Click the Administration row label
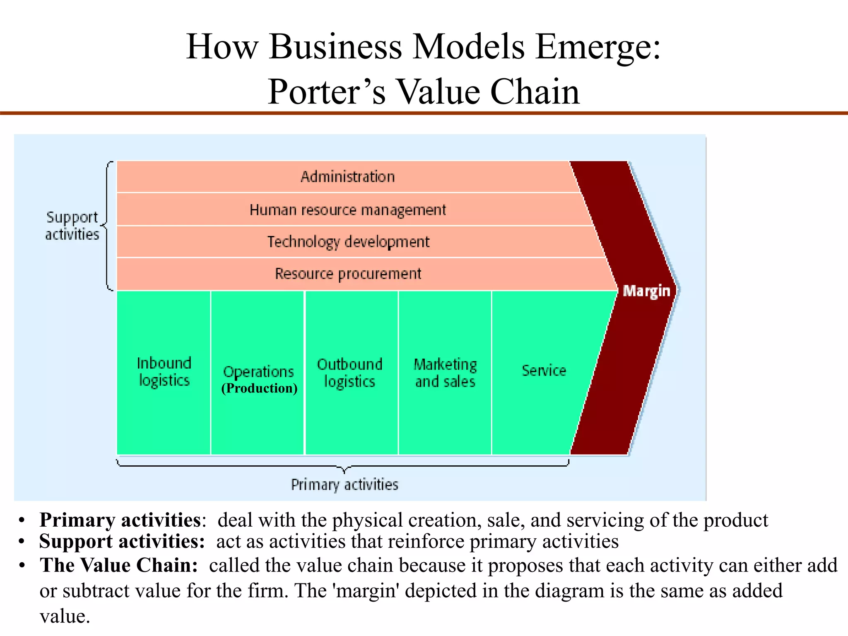(x=348, y=177)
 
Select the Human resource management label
(x=348, y=210)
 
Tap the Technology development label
(x=348, y=242)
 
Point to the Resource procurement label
(x=348, y=274)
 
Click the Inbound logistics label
(x=164, y=372)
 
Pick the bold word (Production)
(x=259, y=388)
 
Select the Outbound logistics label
(x=350, y=373)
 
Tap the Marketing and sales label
(x=445, y=373)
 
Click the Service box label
(x=544, y=370)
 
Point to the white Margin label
(x=646, y=291)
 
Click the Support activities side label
(x=72, y=226)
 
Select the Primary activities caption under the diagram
(x=344, y=484)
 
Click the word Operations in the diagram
(x=259, y=371)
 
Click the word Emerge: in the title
(x=598, y=46)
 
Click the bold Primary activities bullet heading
(x=120, y=520)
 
